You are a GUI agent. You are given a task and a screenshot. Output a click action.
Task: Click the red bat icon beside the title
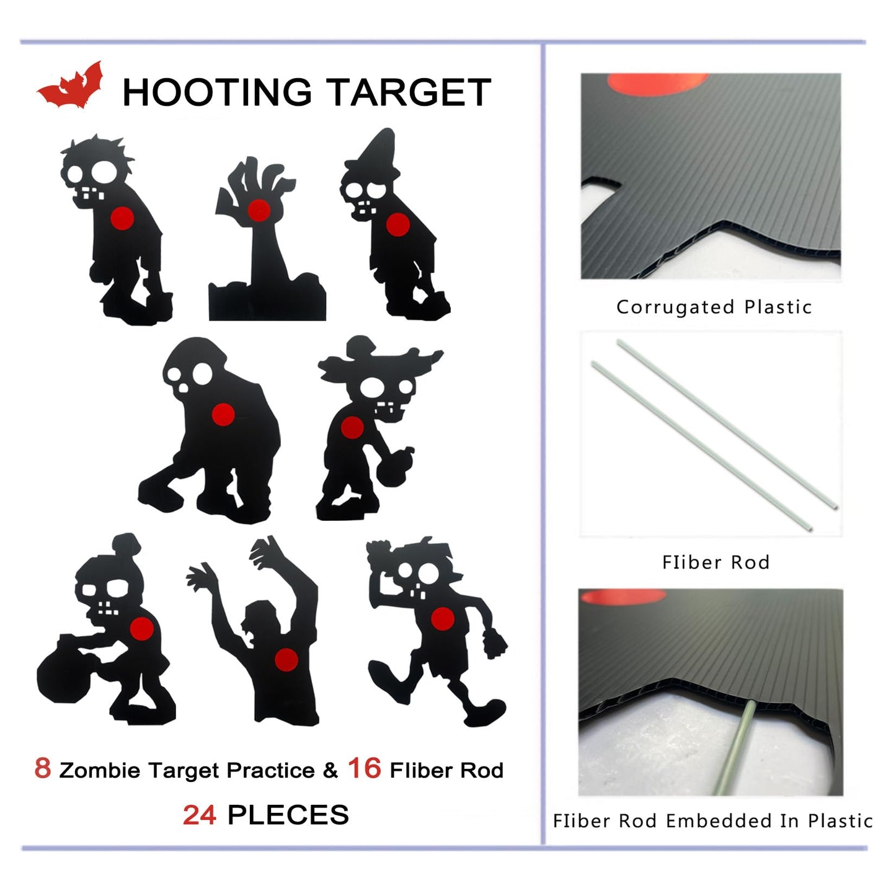(69, 87)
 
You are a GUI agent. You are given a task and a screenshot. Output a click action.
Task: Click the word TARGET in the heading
(409, 93)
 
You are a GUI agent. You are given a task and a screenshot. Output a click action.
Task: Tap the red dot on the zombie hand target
(259, 211)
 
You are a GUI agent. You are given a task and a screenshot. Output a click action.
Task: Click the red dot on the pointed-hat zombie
(397, 224)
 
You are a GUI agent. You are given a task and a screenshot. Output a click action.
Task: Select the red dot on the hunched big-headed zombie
(223, 414)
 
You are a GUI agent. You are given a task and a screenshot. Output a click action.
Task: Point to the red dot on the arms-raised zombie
(286, 660)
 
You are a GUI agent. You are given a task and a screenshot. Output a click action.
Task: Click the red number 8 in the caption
(42, 768)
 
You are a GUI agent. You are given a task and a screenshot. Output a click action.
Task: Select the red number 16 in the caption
(364, 768)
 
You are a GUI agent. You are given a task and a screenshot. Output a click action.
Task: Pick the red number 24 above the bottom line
(199, 815)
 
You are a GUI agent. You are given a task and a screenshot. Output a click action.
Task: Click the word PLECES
(288, 815)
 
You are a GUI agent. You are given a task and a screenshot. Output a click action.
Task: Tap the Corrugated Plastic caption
(714, 307)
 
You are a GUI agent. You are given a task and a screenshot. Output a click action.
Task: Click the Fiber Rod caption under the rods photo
(716, 562)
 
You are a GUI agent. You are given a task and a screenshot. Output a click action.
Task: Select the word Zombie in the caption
(99, 771)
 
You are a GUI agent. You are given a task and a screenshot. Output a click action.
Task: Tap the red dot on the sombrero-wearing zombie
(352, 427)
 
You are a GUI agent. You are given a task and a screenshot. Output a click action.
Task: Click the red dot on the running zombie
(442, 619)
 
